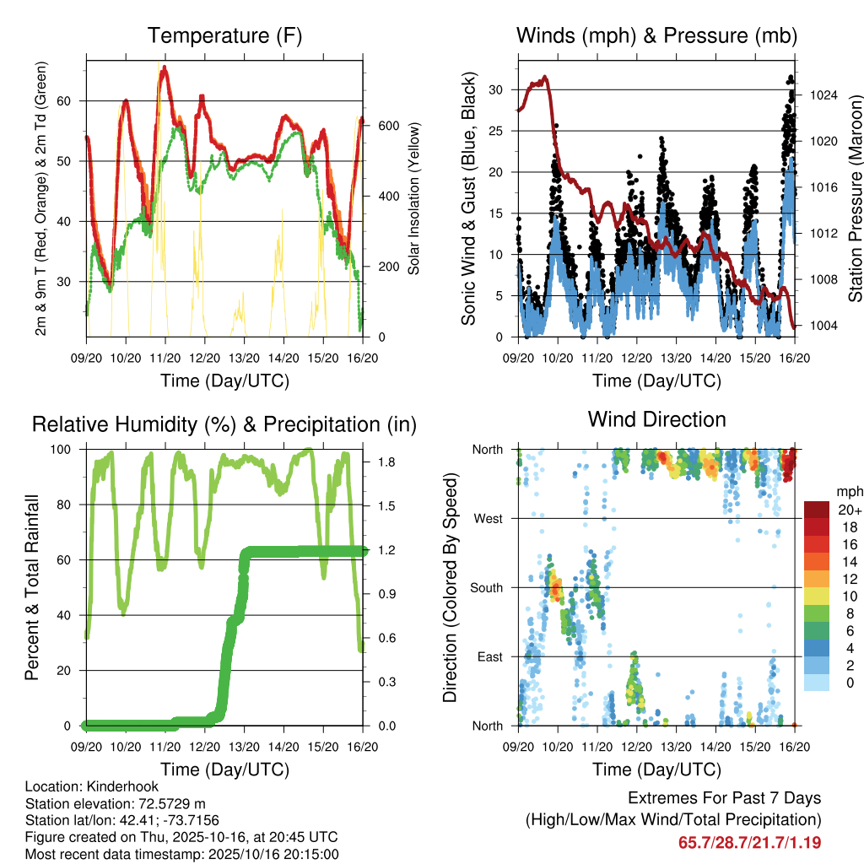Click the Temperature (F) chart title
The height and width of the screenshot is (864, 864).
[224, 35]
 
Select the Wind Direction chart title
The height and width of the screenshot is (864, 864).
[656, 418]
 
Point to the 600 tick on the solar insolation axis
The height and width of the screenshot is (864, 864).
[388, 126]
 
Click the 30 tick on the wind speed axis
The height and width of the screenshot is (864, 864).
[496, 89]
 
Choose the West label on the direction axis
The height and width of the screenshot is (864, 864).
[489, 518]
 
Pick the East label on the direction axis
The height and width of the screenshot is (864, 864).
[490, 656]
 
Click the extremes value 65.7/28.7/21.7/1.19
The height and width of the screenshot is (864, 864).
[749, 842]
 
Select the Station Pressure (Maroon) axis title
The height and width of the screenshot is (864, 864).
[855, 198]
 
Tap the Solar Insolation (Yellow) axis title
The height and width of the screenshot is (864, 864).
[414, 198]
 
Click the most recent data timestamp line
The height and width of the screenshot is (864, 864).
[182, 854]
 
